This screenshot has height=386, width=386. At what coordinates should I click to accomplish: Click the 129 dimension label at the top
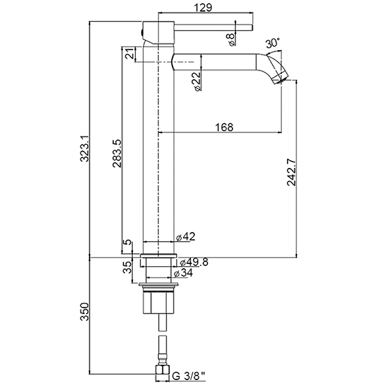click(x=203, y=7)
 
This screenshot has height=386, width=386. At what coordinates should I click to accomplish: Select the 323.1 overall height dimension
click(x=85, y=149)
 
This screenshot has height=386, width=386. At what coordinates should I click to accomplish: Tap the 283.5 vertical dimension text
click(x=117, y=153)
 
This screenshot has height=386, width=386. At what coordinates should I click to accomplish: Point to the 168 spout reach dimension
click(x=224, y=127)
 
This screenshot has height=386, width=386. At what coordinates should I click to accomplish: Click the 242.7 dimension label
click(x=292, y=172)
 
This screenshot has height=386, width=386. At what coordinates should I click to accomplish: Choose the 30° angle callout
click(x=273, y=43)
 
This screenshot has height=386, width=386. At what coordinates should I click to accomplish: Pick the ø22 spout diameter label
click(x=197, y=82)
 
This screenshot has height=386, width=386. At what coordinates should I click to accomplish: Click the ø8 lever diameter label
click(x=231, y=40)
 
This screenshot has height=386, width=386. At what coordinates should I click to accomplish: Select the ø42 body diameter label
click(x=186, y=236)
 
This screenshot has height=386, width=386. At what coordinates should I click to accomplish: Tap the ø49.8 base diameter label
click(x=194, y=262)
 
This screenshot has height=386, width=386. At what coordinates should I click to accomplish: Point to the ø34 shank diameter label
click(x=183, y=273)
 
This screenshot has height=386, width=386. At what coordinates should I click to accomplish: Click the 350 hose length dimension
click(x=84, y=312)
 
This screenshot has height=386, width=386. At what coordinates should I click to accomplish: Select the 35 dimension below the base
click(x=127, y=267)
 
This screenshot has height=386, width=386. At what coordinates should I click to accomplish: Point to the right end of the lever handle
click(x=252, y=28)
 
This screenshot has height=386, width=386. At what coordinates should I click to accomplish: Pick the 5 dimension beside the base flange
click(x=127, y=242)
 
